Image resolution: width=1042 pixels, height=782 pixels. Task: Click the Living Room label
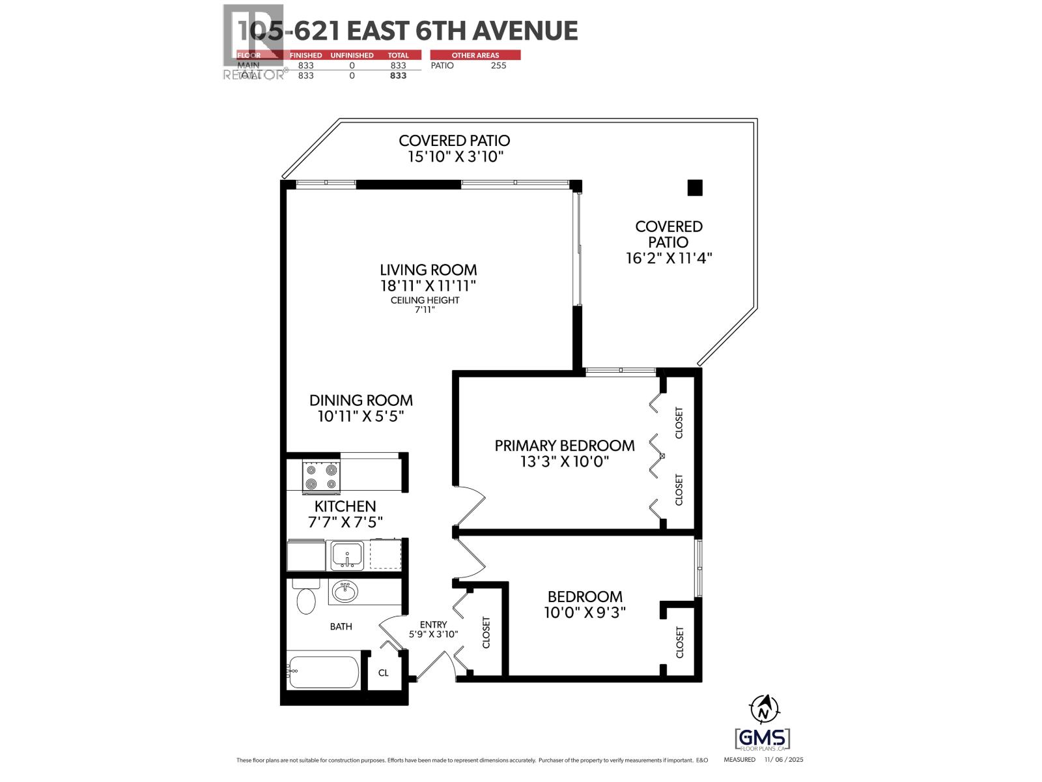click(x=428, y=269)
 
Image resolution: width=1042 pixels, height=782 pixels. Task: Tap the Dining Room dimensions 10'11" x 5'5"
click(x=361, y=416)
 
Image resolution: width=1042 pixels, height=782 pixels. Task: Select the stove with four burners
click(x=322, y=476)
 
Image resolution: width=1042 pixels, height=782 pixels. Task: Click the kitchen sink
click(x=347, y=555)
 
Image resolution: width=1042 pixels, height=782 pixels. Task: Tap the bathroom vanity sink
click(x=344, y=592)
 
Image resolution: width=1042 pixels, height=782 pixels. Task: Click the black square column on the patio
click(x=695, y=188)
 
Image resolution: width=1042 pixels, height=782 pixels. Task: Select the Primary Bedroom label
click(x=564, y=446)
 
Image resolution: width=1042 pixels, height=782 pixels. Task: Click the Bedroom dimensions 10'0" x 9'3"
click(x=584, y=613)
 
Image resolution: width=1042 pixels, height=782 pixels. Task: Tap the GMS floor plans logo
click(x=762, y=739)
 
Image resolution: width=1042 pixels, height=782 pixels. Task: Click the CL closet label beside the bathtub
click(x=383, y=673)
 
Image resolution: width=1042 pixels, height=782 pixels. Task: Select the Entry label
click(x=433, y=624)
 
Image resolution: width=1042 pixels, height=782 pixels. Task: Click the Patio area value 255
click(x=498, y=65)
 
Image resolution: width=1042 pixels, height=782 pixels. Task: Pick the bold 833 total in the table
click(x=398, y=76)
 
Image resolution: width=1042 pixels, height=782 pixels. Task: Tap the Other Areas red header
click(x=475, y=55)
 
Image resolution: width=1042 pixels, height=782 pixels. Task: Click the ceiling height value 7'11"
click(x=425, y=310)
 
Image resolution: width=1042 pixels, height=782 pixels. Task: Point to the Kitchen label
click(x=345, y=506)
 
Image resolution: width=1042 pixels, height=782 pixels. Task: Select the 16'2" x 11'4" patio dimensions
click(x=669, y=258)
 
